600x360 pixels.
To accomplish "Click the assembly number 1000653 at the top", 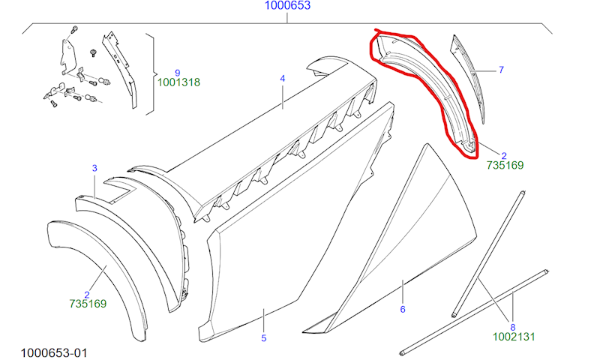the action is click(287, 5).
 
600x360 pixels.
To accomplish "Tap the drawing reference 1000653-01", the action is click(54, 352).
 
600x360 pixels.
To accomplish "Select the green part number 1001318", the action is click(178, 82).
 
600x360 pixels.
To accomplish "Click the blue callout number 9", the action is click(178, 73).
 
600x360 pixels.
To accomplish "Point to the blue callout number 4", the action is click(283, 79).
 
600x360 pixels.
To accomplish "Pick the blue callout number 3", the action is click(94, 168).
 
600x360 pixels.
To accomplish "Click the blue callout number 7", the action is click(501, 70).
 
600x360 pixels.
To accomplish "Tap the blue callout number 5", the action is click(264, 338).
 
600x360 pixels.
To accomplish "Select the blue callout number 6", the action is click(403, 309).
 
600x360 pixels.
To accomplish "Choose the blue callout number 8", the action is click(513, 328).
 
